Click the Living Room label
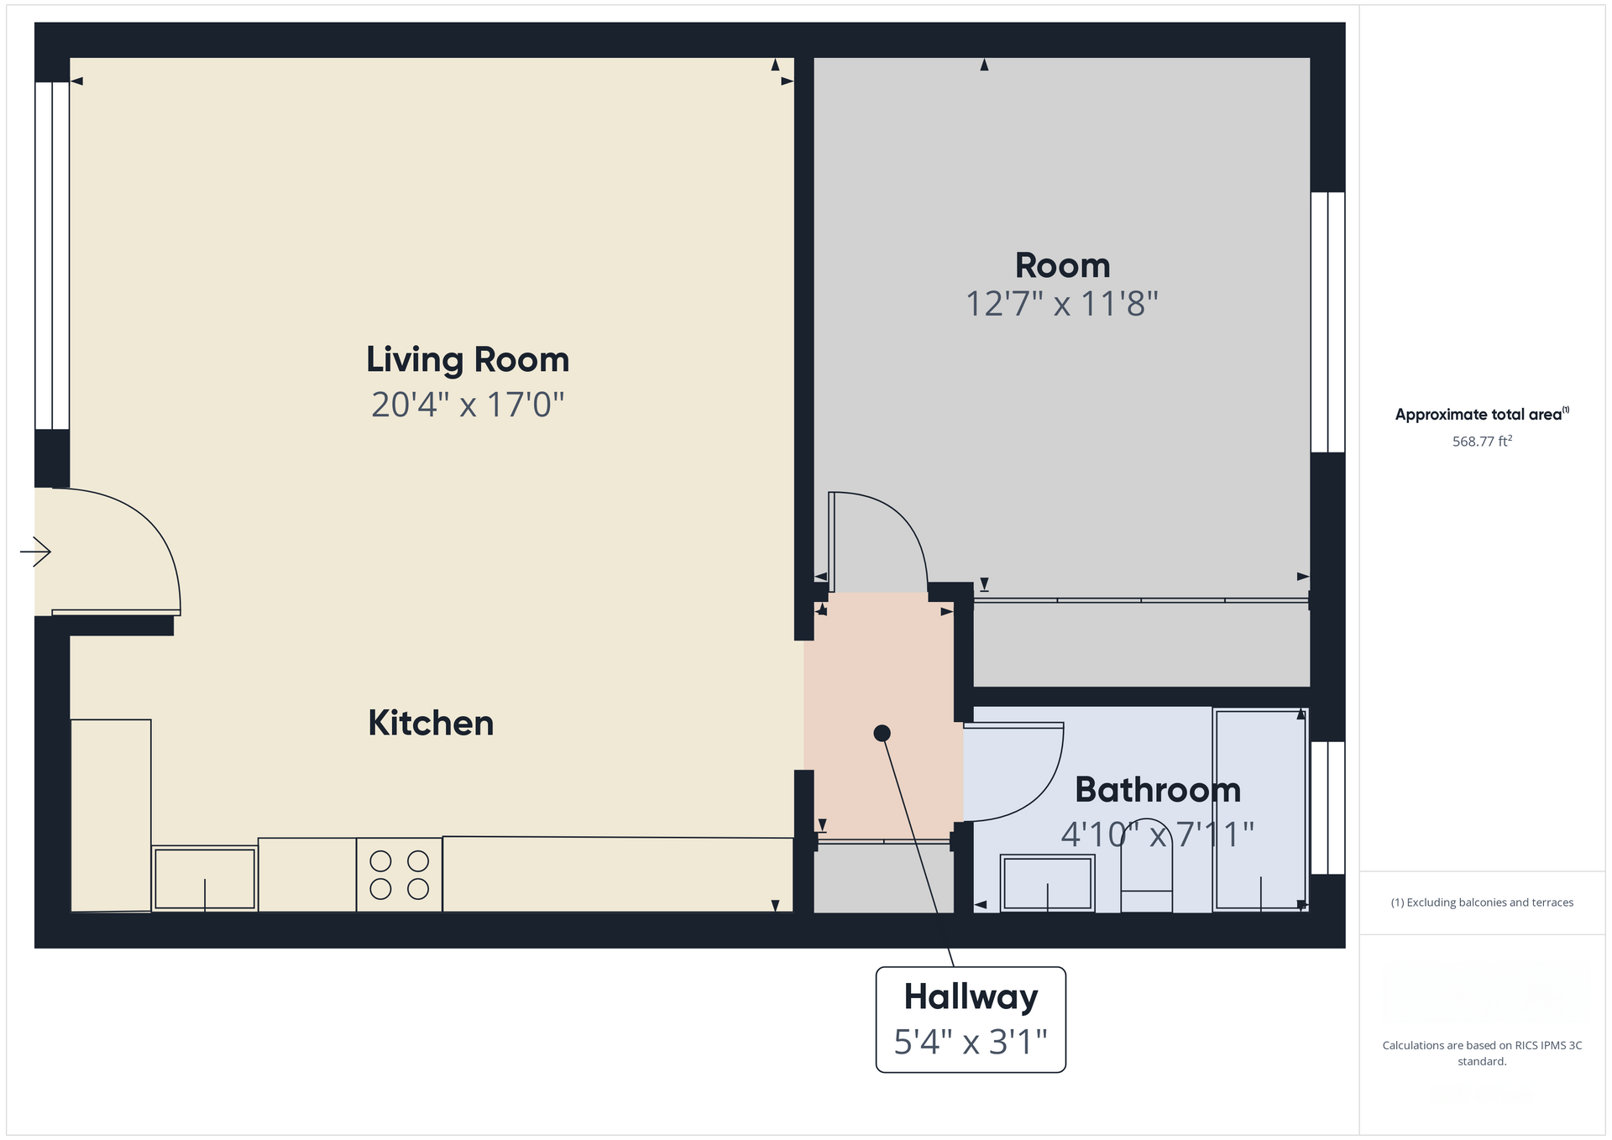[x=468, y=360]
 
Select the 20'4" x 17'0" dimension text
[x=468, y=405]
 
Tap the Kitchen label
[x=431, y=724]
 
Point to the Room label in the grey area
[x=1062, y=266]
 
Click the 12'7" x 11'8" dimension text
[x=1062, y=304]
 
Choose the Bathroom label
[x=1158, y=790]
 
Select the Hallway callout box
[x=971, y=1019]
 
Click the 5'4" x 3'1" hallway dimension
[x=971, y=1043]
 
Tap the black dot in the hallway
[x=882, y=733]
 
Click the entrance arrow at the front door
[x=35, y=552]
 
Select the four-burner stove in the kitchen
[x=400, y=875]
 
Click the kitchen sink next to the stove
[x=205, y=878]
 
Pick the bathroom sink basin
[x=1048, y=882]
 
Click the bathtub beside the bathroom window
[x=1259, y=809]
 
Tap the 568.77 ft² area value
[x=1482, y=442]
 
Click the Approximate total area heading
[x=1481, y=414]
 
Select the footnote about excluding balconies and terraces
[x=1482, y=902]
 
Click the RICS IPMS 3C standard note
[x=1482, y=1053]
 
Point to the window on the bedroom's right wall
[x=1328, y=322]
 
